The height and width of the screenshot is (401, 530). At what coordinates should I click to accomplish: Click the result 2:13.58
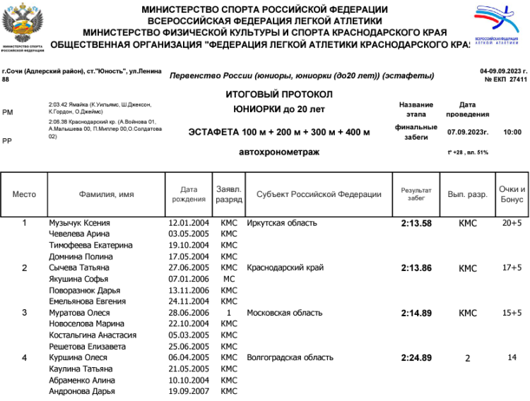coord(416,223)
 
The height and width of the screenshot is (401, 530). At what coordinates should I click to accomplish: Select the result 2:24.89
coord(416,358)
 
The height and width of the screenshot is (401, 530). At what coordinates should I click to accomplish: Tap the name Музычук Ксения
coord(79,223)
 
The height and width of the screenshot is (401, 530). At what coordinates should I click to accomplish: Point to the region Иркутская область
coord(282,223)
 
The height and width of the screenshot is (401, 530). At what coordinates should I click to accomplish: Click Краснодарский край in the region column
coord(285,268)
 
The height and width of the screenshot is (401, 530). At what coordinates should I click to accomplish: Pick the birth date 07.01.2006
coord(189,280)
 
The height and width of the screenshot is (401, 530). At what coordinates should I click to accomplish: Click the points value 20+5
coord(512,223)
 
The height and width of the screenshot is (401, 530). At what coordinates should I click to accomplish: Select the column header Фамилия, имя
coord(106,194)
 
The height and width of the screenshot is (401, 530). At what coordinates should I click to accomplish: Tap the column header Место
coord(24,194)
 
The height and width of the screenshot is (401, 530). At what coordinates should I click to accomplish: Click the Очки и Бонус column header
coord(512,194)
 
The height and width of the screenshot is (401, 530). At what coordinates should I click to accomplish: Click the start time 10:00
coord(512,132)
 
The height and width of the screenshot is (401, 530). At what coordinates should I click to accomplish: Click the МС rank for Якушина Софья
coord(229,280)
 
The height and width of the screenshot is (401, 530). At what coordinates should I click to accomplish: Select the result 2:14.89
coord(416,313)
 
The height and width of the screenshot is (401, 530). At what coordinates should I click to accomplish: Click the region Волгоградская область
coord(290,358)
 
